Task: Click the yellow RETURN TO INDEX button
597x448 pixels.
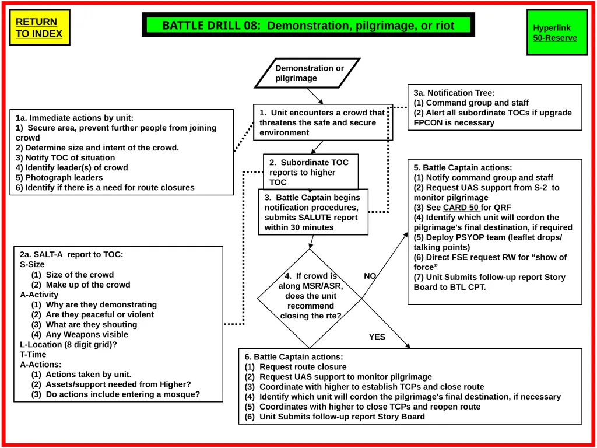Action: click(40, 27)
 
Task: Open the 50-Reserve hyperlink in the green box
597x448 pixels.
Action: click(555, 38)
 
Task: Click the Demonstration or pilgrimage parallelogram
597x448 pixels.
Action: click(307, 73)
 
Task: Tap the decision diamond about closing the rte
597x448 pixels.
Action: click(310, 298)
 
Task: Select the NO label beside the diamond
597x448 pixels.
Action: click(370, 276)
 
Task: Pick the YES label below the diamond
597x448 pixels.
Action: click(377, 337)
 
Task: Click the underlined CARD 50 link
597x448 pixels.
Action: click(461, 208)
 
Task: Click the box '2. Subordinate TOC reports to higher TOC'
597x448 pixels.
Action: click(311, 172)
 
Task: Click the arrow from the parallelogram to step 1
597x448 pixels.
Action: click(315, 96)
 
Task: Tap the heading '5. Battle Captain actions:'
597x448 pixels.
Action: click(463, 167)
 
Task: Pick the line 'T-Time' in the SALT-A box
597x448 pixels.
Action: click(33, 354)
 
